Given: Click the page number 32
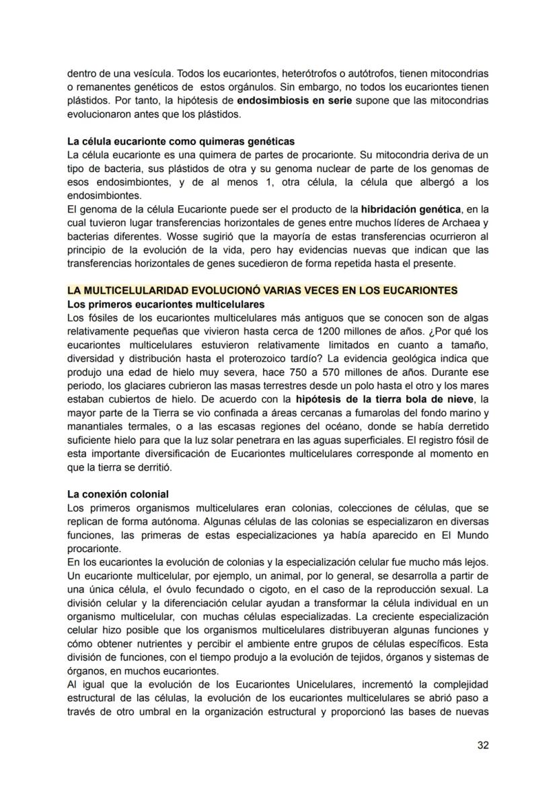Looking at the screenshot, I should point(482,744).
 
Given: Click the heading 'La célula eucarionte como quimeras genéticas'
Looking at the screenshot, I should point(181,141).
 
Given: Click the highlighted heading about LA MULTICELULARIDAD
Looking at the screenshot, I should point(262,290).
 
